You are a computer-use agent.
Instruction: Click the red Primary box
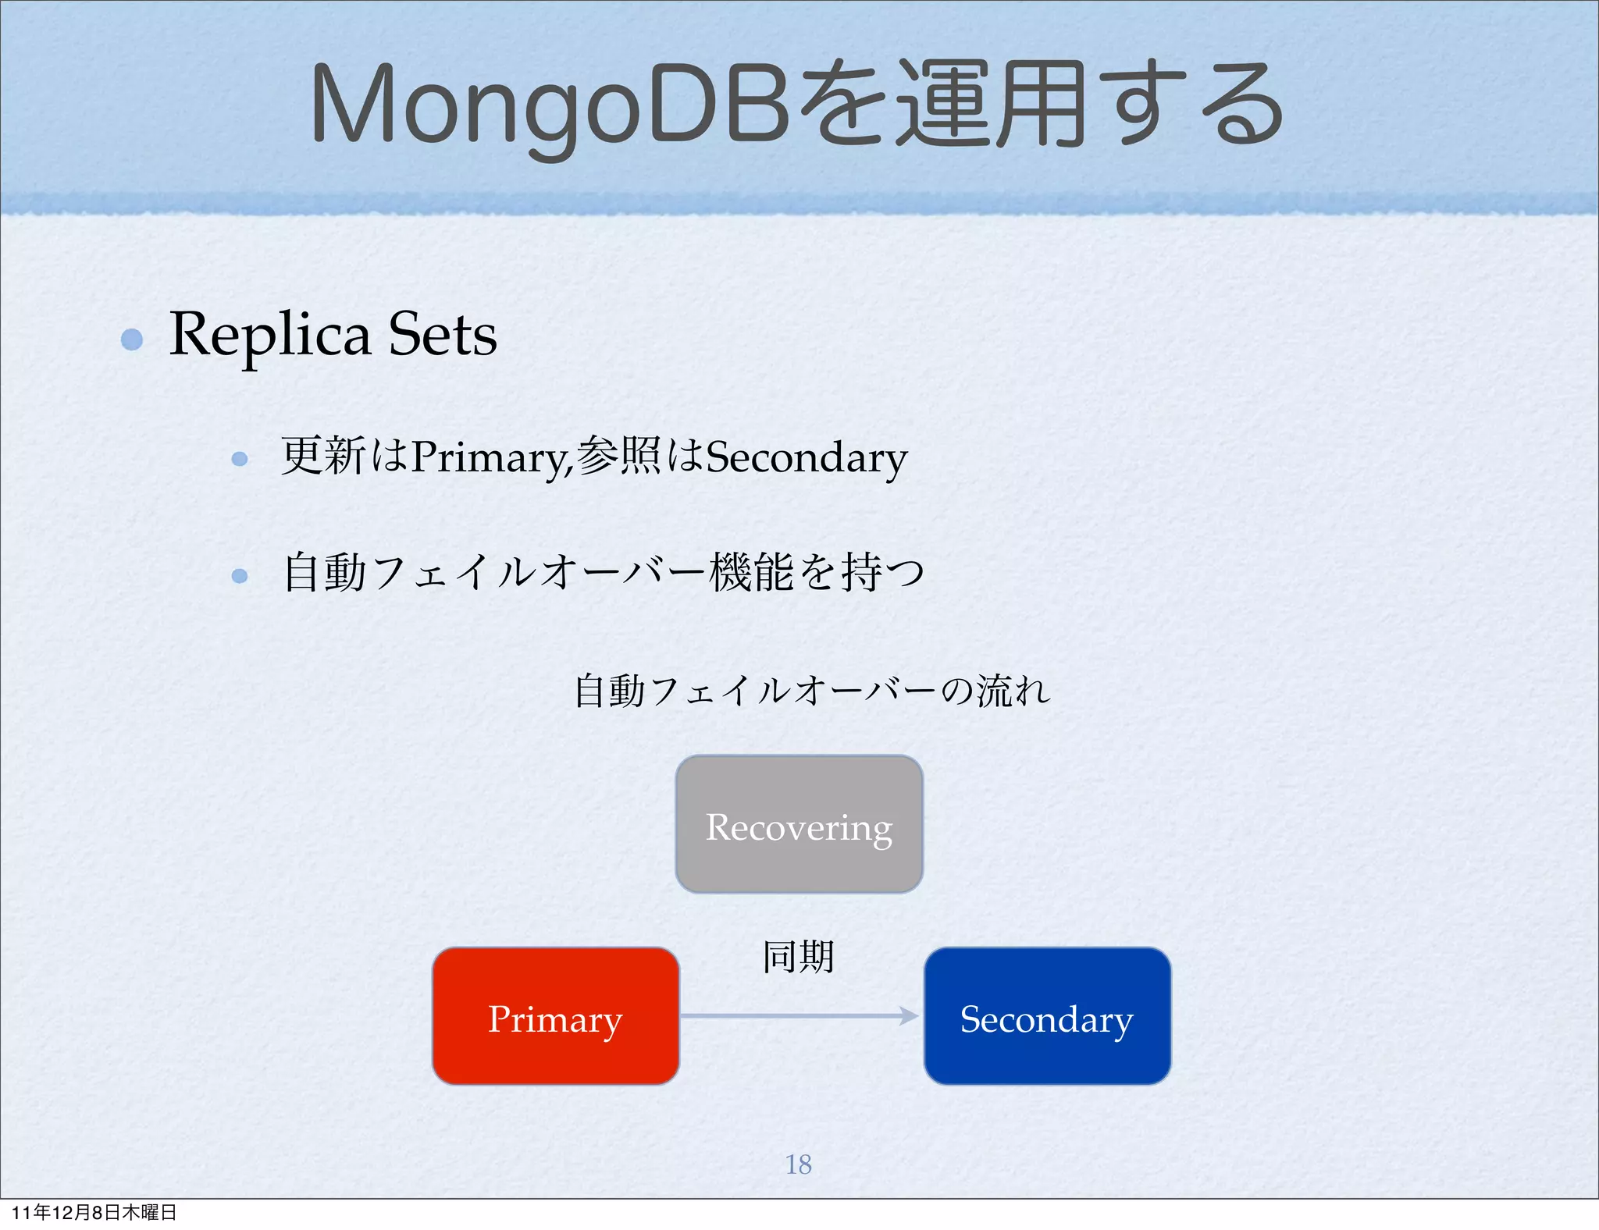555,1016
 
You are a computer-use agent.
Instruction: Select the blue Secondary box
1047,1016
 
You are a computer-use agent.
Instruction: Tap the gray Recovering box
799,824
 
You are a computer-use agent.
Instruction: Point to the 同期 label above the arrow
798,957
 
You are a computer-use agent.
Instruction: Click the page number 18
798,1164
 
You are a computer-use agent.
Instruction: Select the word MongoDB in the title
551,105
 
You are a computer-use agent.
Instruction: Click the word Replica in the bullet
269,335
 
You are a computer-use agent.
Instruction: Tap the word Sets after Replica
443,335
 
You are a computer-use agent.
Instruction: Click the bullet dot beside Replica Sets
132,339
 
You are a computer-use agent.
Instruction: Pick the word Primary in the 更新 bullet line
490,457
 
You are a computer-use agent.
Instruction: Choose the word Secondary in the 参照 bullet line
807,457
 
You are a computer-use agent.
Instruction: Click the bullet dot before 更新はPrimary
240,459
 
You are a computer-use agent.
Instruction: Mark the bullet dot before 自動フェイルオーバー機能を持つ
240,576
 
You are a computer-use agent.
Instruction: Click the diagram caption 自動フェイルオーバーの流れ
812,691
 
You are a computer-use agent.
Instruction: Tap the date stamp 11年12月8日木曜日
94,1212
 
